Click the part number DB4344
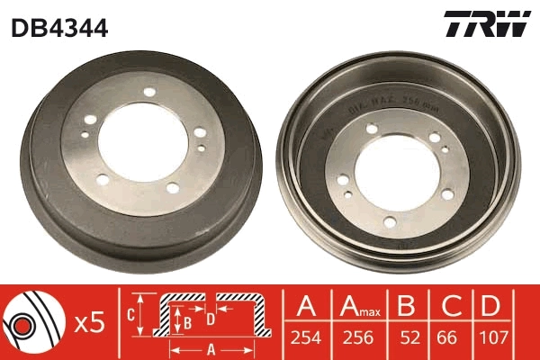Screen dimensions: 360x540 click(59, 28)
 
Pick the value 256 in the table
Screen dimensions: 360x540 click(358, 339)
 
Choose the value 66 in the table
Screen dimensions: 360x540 click(450, 339)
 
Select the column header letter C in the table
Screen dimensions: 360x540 click(450, 306)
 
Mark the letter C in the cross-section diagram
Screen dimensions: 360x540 click(130, 315)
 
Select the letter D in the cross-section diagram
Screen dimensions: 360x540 click(209, 318)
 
